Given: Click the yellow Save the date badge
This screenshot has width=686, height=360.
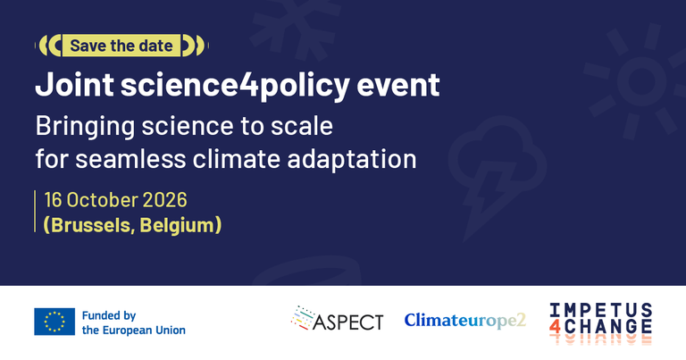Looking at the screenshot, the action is point(121,46).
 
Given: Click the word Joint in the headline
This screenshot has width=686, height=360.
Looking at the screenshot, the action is point(74,85).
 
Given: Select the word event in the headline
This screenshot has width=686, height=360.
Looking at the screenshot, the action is point(398,86).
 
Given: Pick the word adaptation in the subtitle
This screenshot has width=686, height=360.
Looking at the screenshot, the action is point(352,160).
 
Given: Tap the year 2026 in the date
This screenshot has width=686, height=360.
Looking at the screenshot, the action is point(165,200).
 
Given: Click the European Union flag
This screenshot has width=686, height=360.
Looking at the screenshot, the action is point(54,322).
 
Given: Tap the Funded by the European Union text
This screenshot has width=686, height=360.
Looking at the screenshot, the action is point(133,322).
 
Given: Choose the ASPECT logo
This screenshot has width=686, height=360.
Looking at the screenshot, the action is point(337,318).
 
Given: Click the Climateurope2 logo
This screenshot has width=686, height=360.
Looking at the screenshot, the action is point(464,320).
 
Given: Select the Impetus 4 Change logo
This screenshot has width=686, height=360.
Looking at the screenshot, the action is point(600,322).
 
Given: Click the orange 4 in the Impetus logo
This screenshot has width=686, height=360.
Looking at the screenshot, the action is point(555,327).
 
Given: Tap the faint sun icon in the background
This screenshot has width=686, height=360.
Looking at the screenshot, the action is point(641,81).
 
